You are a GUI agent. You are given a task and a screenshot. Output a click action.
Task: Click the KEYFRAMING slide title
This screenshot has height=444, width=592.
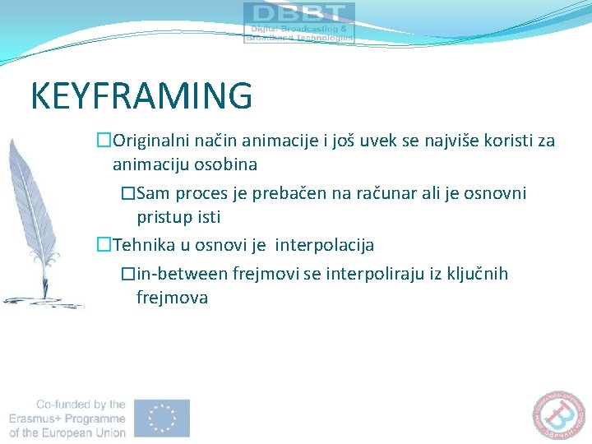[141, 96]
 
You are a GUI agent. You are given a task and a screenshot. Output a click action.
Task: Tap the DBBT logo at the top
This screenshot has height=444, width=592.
[299, 22]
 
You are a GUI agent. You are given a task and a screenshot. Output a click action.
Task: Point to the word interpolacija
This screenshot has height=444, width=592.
[325, 245]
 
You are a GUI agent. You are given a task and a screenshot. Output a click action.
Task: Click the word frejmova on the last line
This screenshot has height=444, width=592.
[172, 297]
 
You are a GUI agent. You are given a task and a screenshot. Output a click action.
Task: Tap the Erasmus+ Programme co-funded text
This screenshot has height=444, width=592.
[67, 418]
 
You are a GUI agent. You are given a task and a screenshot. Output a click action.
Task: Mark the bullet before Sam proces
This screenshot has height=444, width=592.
[127, 194]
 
